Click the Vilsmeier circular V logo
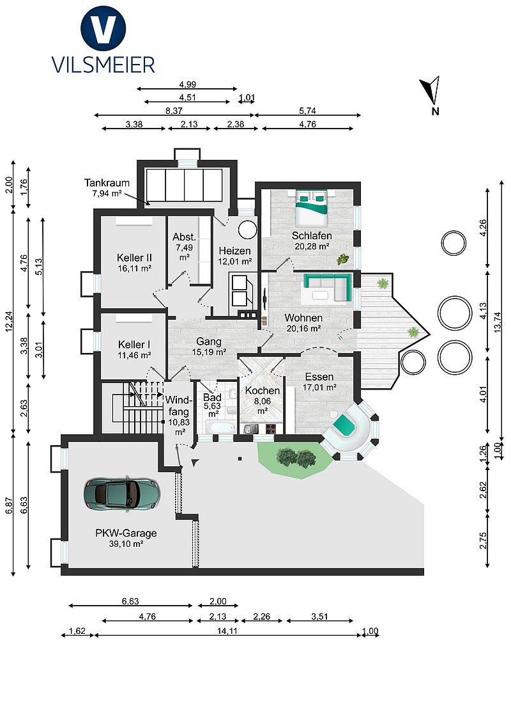[103, 29]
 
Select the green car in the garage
[122, 494]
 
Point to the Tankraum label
[107, 183]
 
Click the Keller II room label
[134, 258]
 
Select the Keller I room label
[134, 345]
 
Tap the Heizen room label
[235, 251]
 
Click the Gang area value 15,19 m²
[209, 352]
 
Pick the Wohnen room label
[303, 318]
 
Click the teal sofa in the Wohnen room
[326, 287]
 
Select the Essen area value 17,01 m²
[319, 388]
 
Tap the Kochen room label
[263, 391]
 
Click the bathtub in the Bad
[220, 428]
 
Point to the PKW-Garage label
[126, 533]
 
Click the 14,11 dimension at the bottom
[227, 631]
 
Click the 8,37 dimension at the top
[174, 111]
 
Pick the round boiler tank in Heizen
[248, 230]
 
